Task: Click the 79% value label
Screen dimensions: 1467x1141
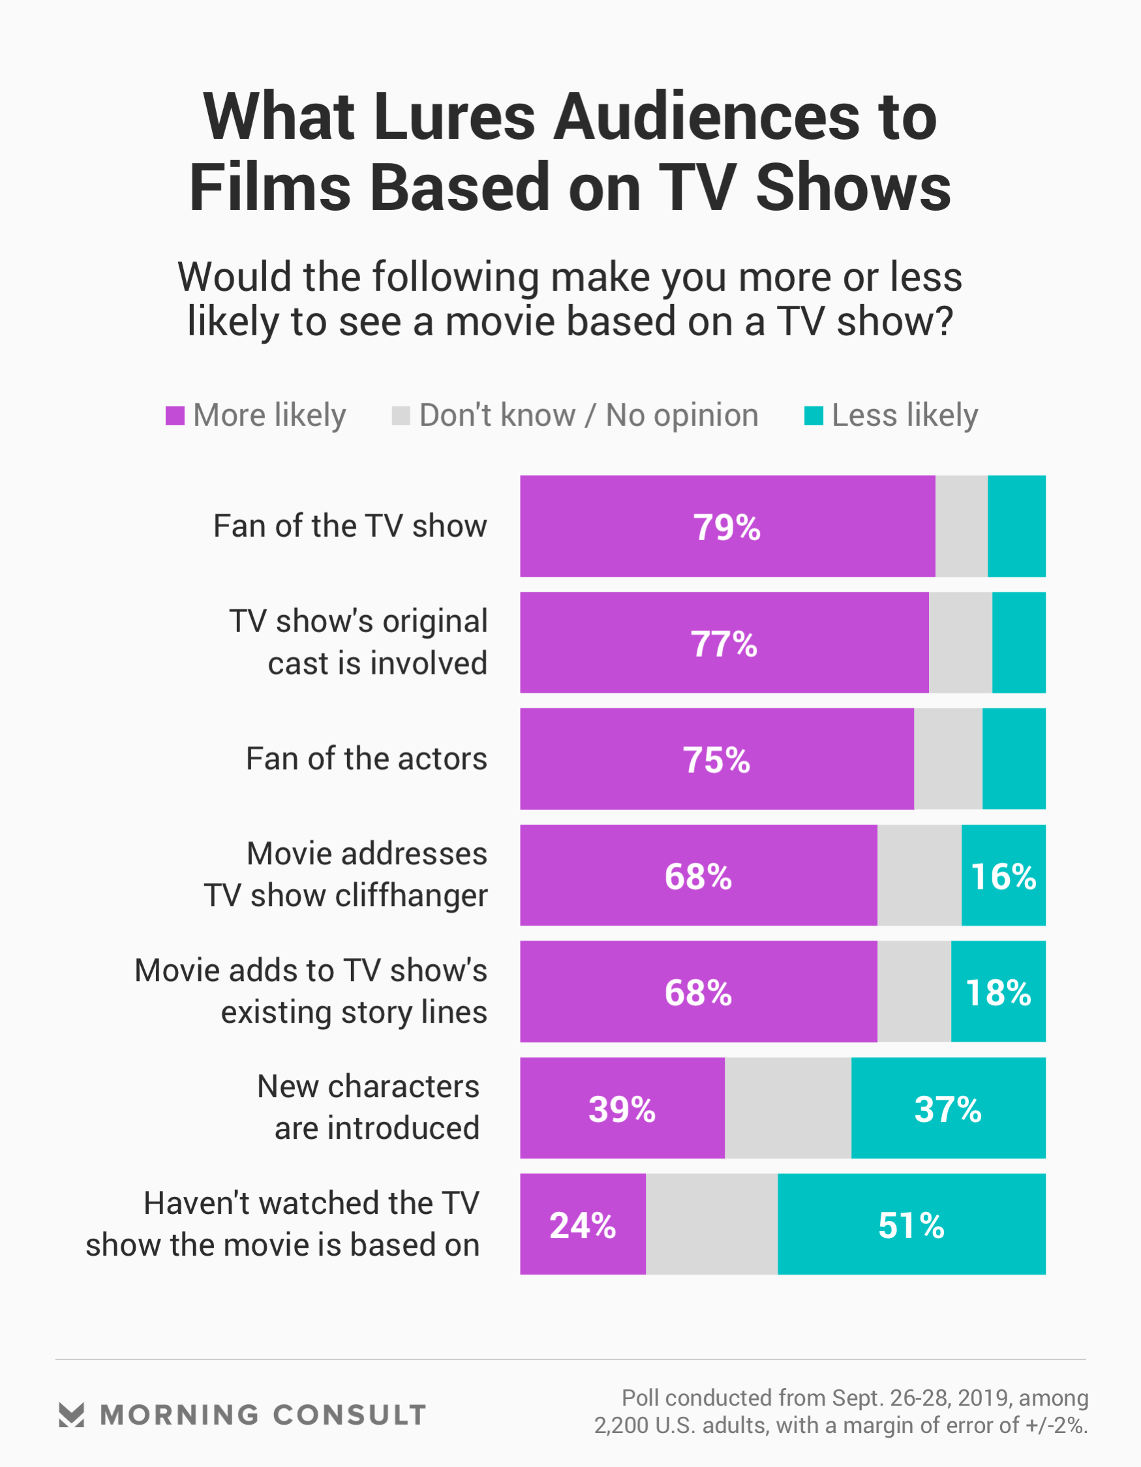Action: click(x=726, y=527)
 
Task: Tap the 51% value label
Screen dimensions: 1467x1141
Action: click(x=911, y=1226)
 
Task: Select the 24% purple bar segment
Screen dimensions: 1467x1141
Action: click(x=583, y=1224)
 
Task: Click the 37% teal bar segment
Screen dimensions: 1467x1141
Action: click(x=948, y=1108)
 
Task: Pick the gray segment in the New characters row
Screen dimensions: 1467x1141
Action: click(x=787, y=1108)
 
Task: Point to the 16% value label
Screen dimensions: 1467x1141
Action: click(x=1003, y=877)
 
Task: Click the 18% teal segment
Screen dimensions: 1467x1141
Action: click(x=998, y=992)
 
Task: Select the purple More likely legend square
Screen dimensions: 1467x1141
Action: click(x=175, y=416)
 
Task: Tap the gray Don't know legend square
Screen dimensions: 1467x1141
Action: click(x=401, y=416)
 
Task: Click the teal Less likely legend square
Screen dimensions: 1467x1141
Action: click(x=814, y=416)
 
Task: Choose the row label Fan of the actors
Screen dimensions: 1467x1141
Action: click(x=366, y=759)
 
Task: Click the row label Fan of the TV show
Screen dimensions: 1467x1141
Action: click(x=350, y=526)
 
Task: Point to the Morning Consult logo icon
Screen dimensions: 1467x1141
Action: click(x=71, y=1415)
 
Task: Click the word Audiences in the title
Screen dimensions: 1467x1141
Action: click(x=705, y=117)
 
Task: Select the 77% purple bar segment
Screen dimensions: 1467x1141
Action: click(x=723, y=643)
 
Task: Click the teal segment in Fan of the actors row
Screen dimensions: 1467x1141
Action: click(x=1013, y=759)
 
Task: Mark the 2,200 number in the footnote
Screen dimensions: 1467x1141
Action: click(x=621, y=1425)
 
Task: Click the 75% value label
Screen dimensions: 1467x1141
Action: click(x=716, y=761)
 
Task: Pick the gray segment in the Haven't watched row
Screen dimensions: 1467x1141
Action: click(x=712, y=1224)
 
